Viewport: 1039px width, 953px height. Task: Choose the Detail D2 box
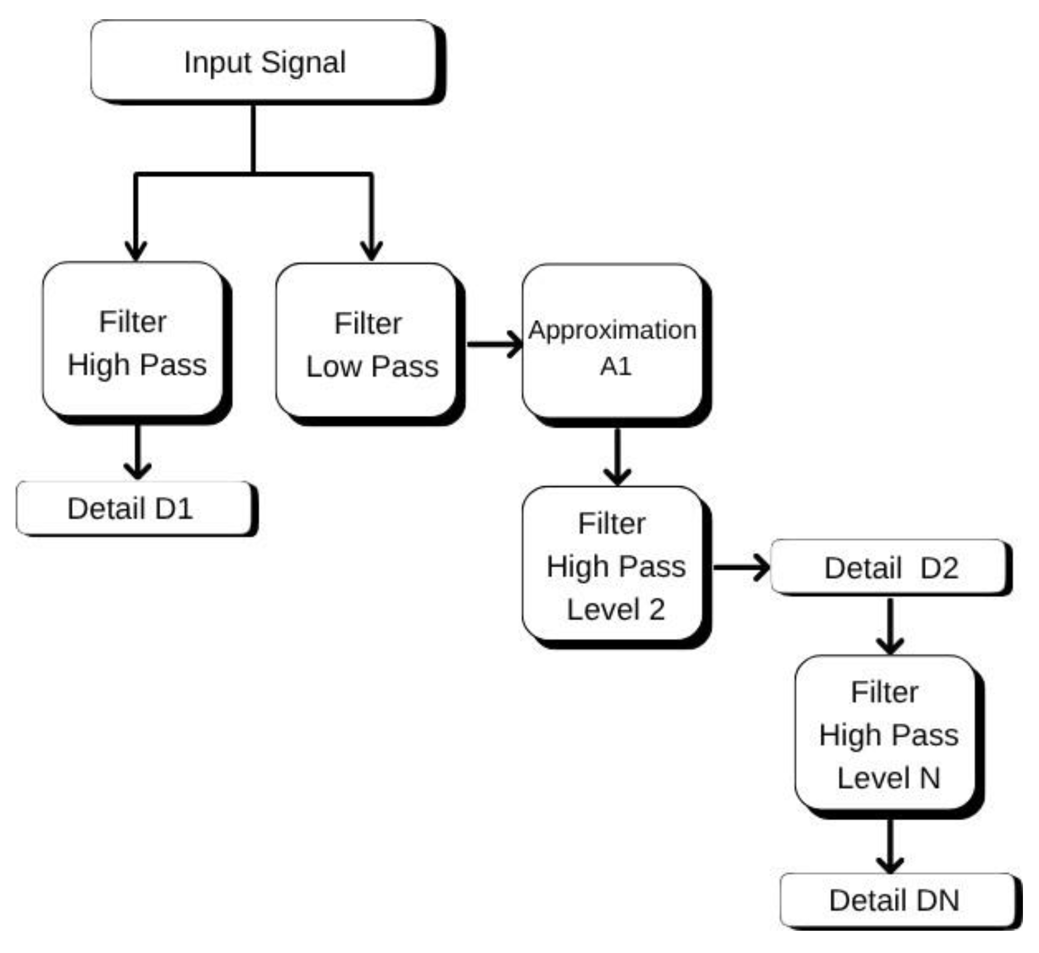pos(890,567)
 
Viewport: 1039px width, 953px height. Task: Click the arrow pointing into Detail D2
pos(742,567)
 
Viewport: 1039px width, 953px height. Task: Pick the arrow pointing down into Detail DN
pos(890,846)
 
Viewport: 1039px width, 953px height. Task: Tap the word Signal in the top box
pos(303,62)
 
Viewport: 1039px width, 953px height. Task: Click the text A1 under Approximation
pos(616,367)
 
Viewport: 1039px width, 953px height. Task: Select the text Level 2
pos(616,609)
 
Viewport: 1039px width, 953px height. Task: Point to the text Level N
pos(889,778)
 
